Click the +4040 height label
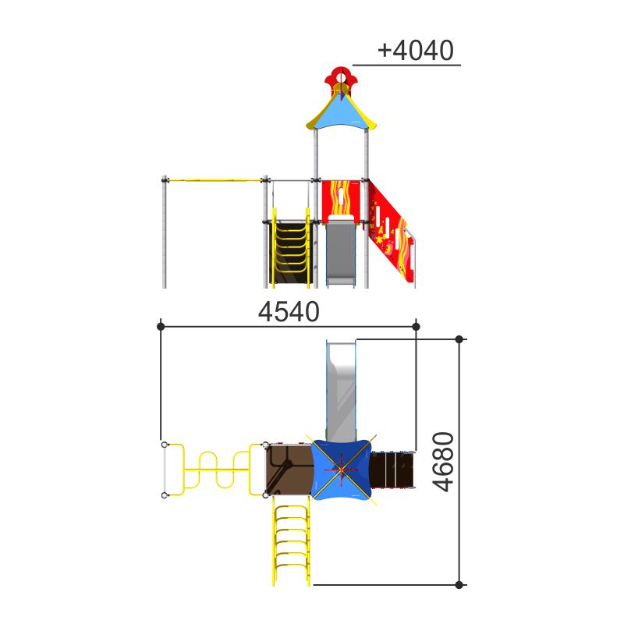point(415,50)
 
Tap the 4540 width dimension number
point(289,311)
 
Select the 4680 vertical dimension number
point(443,462)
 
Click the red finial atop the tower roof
point(341,78)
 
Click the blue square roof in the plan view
point(341,470)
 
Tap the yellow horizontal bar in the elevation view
point(215,180)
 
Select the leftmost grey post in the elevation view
point(165,232)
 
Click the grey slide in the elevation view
point(341,252)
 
